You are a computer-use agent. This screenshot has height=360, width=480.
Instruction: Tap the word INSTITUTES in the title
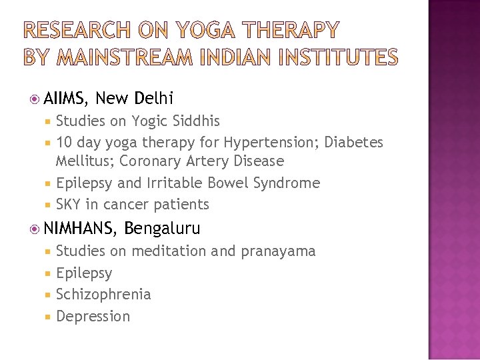tap(337, 58)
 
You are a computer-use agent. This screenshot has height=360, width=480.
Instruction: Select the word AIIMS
tap(65, 99)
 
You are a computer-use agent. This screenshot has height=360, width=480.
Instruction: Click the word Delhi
tap(153, 99)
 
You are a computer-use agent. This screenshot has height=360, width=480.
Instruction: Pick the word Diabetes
tap(354, 143)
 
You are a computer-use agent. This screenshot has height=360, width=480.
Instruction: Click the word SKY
tap(70, 205)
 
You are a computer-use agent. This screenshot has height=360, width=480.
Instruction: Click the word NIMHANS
tap(79, 229)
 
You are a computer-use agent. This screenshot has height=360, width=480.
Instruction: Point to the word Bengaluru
tap(162, 229)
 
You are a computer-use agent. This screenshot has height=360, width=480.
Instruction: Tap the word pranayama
tap(278, 251)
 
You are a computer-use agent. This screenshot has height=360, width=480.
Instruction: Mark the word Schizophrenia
tap(103, 295)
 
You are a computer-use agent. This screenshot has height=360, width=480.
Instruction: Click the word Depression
tap(93, 316)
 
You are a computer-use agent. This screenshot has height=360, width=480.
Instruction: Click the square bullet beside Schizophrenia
tap(49, 295)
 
